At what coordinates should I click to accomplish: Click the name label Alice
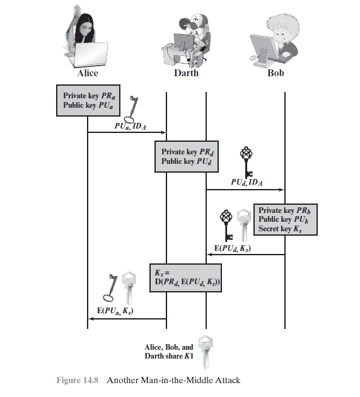pyautogui.click(x=88, y=73)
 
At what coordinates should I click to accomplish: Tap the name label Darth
pyautogui.click(x=186, y=73)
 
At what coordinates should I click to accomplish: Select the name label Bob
pyautogui.click(x=276, y=73)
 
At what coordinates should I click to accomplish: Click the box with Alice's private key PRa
pyautogui.click(x=88, y=101)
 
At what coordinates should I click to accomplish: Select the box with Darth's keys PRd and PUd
pyautogui.click(x=187, y=157)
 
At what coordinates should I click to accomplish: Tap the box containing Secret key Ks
pyautogui.click(x=286, y=219)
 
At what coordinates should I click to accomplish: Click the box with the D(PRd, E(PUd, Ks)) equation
pyautogui.click(x=186, y=278)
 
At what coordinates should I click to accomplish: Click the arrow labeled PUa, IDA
pyautogui.click(x=127, y=132)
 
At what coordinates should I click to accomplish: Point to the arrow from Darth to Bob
pyautogui.click(x=245, y=190)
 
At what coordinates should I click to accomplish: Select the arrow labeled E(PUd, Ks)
pyautogui.click(x=245, y=255)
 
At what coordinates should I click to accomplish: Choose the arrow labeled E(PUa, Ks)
pyautogui.click(x=127, y=319)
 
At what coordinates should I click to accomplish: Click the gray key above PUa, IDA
pyautogui.click(x=132, y=109)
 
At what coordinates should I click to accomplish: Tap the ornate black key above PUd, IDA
pyautogui.click(x=247, y=162)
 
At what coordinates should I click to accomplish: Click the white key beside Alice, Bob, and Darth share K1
pyautogui.click(x=205, y=352)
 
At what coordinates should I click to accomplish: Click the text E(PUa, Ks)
pyautogui.click(x=115, y=311)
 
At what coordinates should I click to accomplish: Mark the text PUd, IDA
pyautogui.click(x=247, y=182)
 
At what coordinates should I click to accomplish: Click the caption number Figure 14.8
pyautogui.click(x=78, y=380)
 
